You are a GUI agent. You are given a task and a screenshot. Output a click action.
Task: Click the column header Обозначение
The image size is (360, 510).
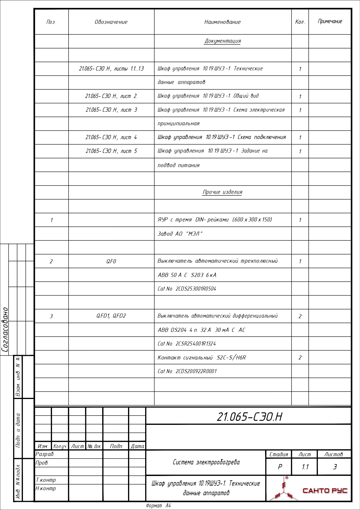tap(111, 22)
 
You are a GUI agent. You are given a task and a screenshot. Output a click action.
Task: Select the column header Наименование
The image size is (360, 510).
tap(222, 22)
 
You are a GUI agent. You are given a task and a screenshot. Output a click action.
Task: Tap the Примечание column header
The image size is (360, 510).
tap(330, 22)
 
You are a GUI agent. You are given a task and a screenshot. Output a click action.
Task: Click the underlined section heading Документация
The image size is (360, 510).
tap(223, 41)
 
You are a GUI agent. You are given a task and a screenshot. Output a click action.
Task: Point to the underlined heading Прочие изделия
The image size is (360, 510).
tap(222, 192)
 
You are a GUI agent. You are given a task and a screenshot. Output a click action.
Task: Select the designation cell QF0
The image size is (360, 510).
tap(111, 261)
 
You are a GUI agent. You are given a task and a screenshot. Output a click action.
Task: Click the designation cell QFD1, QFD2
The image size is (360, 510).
tap(111, 316)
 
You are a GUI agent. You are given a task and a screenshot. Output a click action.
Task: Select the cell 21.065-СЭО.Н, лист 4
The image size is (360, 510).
tap(111, 137)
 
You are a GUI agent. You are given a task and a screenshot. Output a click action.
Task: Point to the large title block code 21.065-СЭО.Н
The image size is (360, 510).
tap(249, 417)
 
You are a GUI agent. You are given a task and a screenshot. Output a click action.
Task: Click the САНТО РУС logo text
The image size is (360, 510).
tap(325, 491)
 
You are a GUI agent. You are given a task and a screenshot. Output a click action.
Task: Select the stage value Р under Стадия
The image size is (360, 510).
tap(280, 467)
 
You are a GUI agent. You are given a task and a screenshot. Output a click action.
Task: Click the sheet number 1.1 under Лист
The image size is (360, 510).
tap(305, 467)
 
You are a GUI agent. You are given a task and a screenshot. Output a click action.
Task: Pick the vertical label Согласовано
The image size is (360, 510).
tap(5, 330)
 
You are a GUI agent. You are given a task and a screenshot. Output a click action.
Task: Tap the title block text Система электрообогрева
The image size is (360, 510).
tap(206, 462)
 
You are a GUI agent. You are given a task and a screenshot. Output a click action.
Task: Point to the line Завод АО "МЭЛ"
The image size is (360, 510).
tap(180, 234)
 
